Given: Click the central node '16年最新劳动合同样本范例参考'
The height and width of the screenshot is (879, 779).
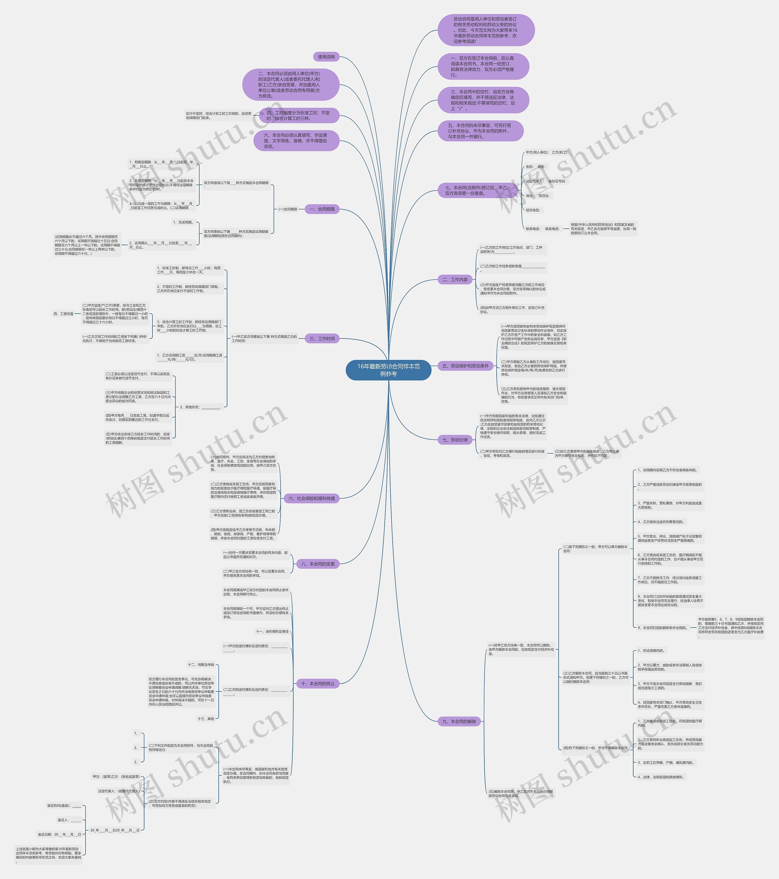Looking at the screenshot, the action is point(388,370).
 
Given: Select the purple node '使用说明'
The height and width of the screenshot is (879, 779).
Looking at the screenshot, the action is point(326,57).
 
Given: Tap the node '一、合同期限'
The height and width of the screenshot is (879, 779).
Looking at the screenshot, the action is point(322,209).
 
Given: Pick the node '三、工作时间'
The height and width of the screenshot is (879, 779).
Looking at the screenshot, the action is point(322,339).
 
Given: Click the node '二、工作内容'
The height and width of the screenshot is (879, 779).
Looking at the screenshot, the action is point(455,280).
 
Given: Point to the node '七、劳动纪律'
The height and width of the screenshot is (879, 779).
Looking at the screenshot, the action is point(455,440).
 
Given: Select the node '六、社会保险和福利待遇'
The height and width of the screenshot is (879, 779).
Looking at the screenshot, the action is point(312,498).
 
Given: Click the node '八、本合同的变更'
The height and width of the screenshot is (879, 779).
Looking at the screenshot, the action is point(318,564).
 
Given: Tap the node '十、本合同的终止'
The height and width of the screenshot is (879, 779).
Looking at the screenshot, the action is point(318,683).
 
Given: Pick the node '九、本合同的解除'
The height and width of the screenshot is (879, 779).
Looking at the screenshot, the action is point(459,721).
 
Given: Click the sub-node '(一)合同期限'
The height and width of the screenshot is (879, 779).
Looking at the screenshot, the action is point(288,209).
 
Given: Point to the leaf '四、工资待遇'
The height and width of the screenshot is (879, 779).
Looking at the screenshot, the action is point(63,314).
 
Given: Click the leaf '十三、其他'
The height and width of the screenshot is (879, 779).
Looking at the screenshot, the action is point(205,719).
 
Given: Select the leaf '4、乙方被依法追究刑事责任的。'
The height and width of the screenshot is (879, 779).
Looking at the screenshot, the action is point(661,522).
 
